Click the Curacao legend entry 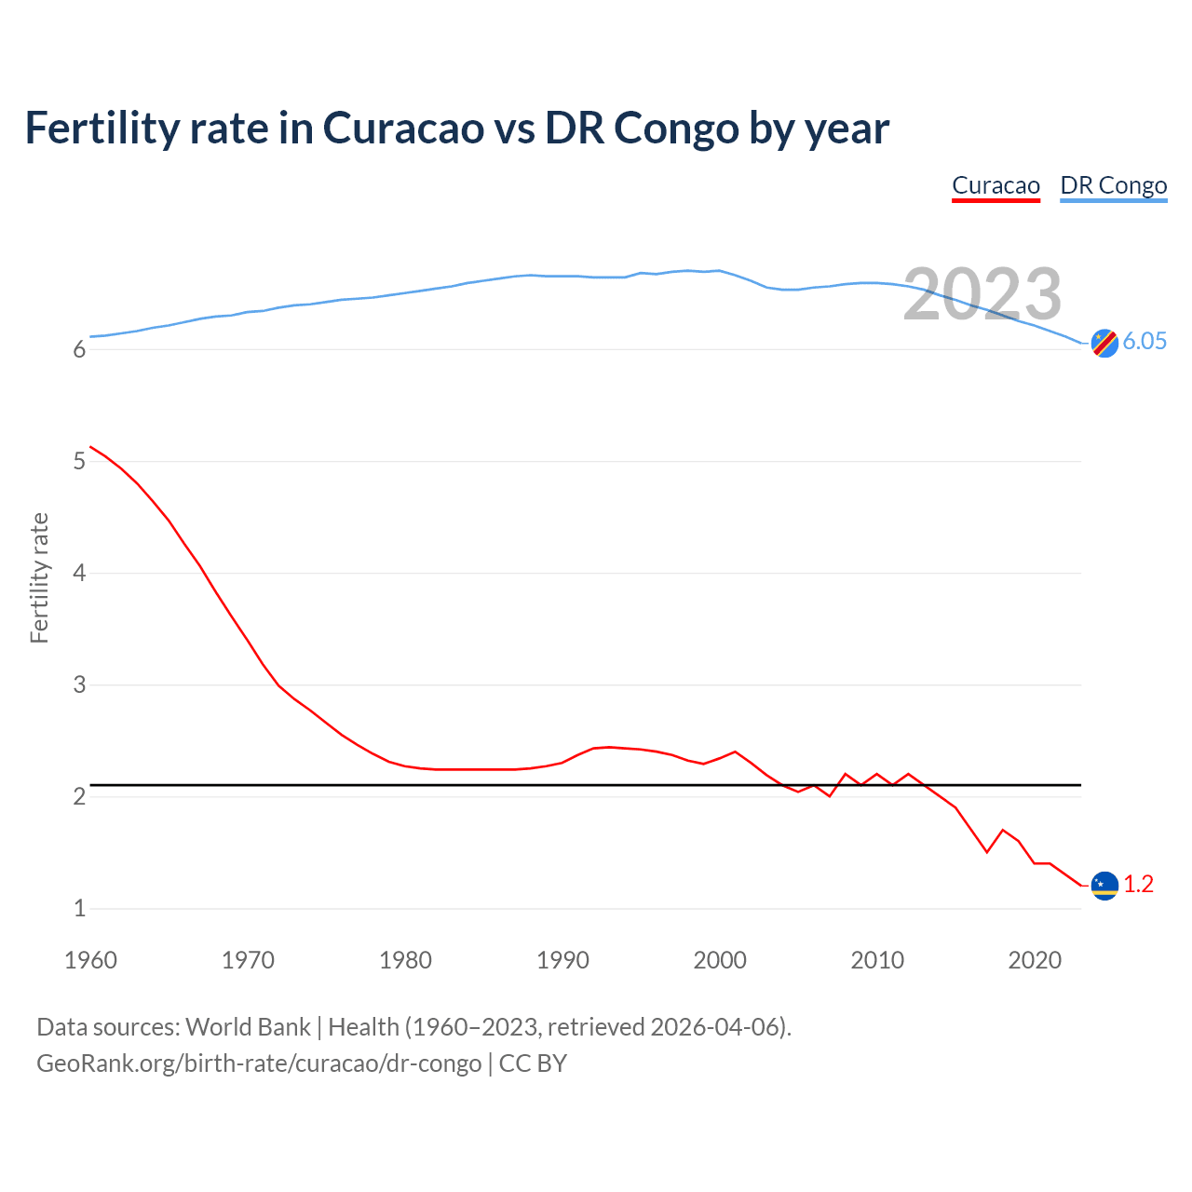tap(996, 185)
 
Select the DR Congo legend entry tap(1113, 185)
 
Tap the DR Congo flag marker tap(1104, 343)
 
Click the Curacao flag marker tap(1104, 886)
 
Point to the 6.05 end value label tap(1145, 341)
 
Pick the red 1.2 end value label tap(1138, 884)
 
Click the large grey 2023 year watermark tap(982, 294)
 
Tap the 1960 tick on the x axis tap(90, 960)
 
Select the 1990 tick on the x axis tap(562, 960)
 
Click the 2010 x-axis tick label tap(877, 960)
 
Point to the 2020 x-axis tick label tap(1035, 960)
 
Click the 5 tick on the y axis tap(79, 461)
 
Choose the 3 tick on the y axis tap(79, 684)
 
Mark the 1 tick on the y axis tap(79, 908)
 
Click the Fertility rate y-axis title tap(39, 577)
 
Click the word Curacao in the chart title tap(403, 128)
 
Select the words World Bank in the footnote tap(248, 1027)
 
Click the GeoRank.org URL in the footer tap(259, 1063)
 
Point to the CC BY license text tap(533, 1063)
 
